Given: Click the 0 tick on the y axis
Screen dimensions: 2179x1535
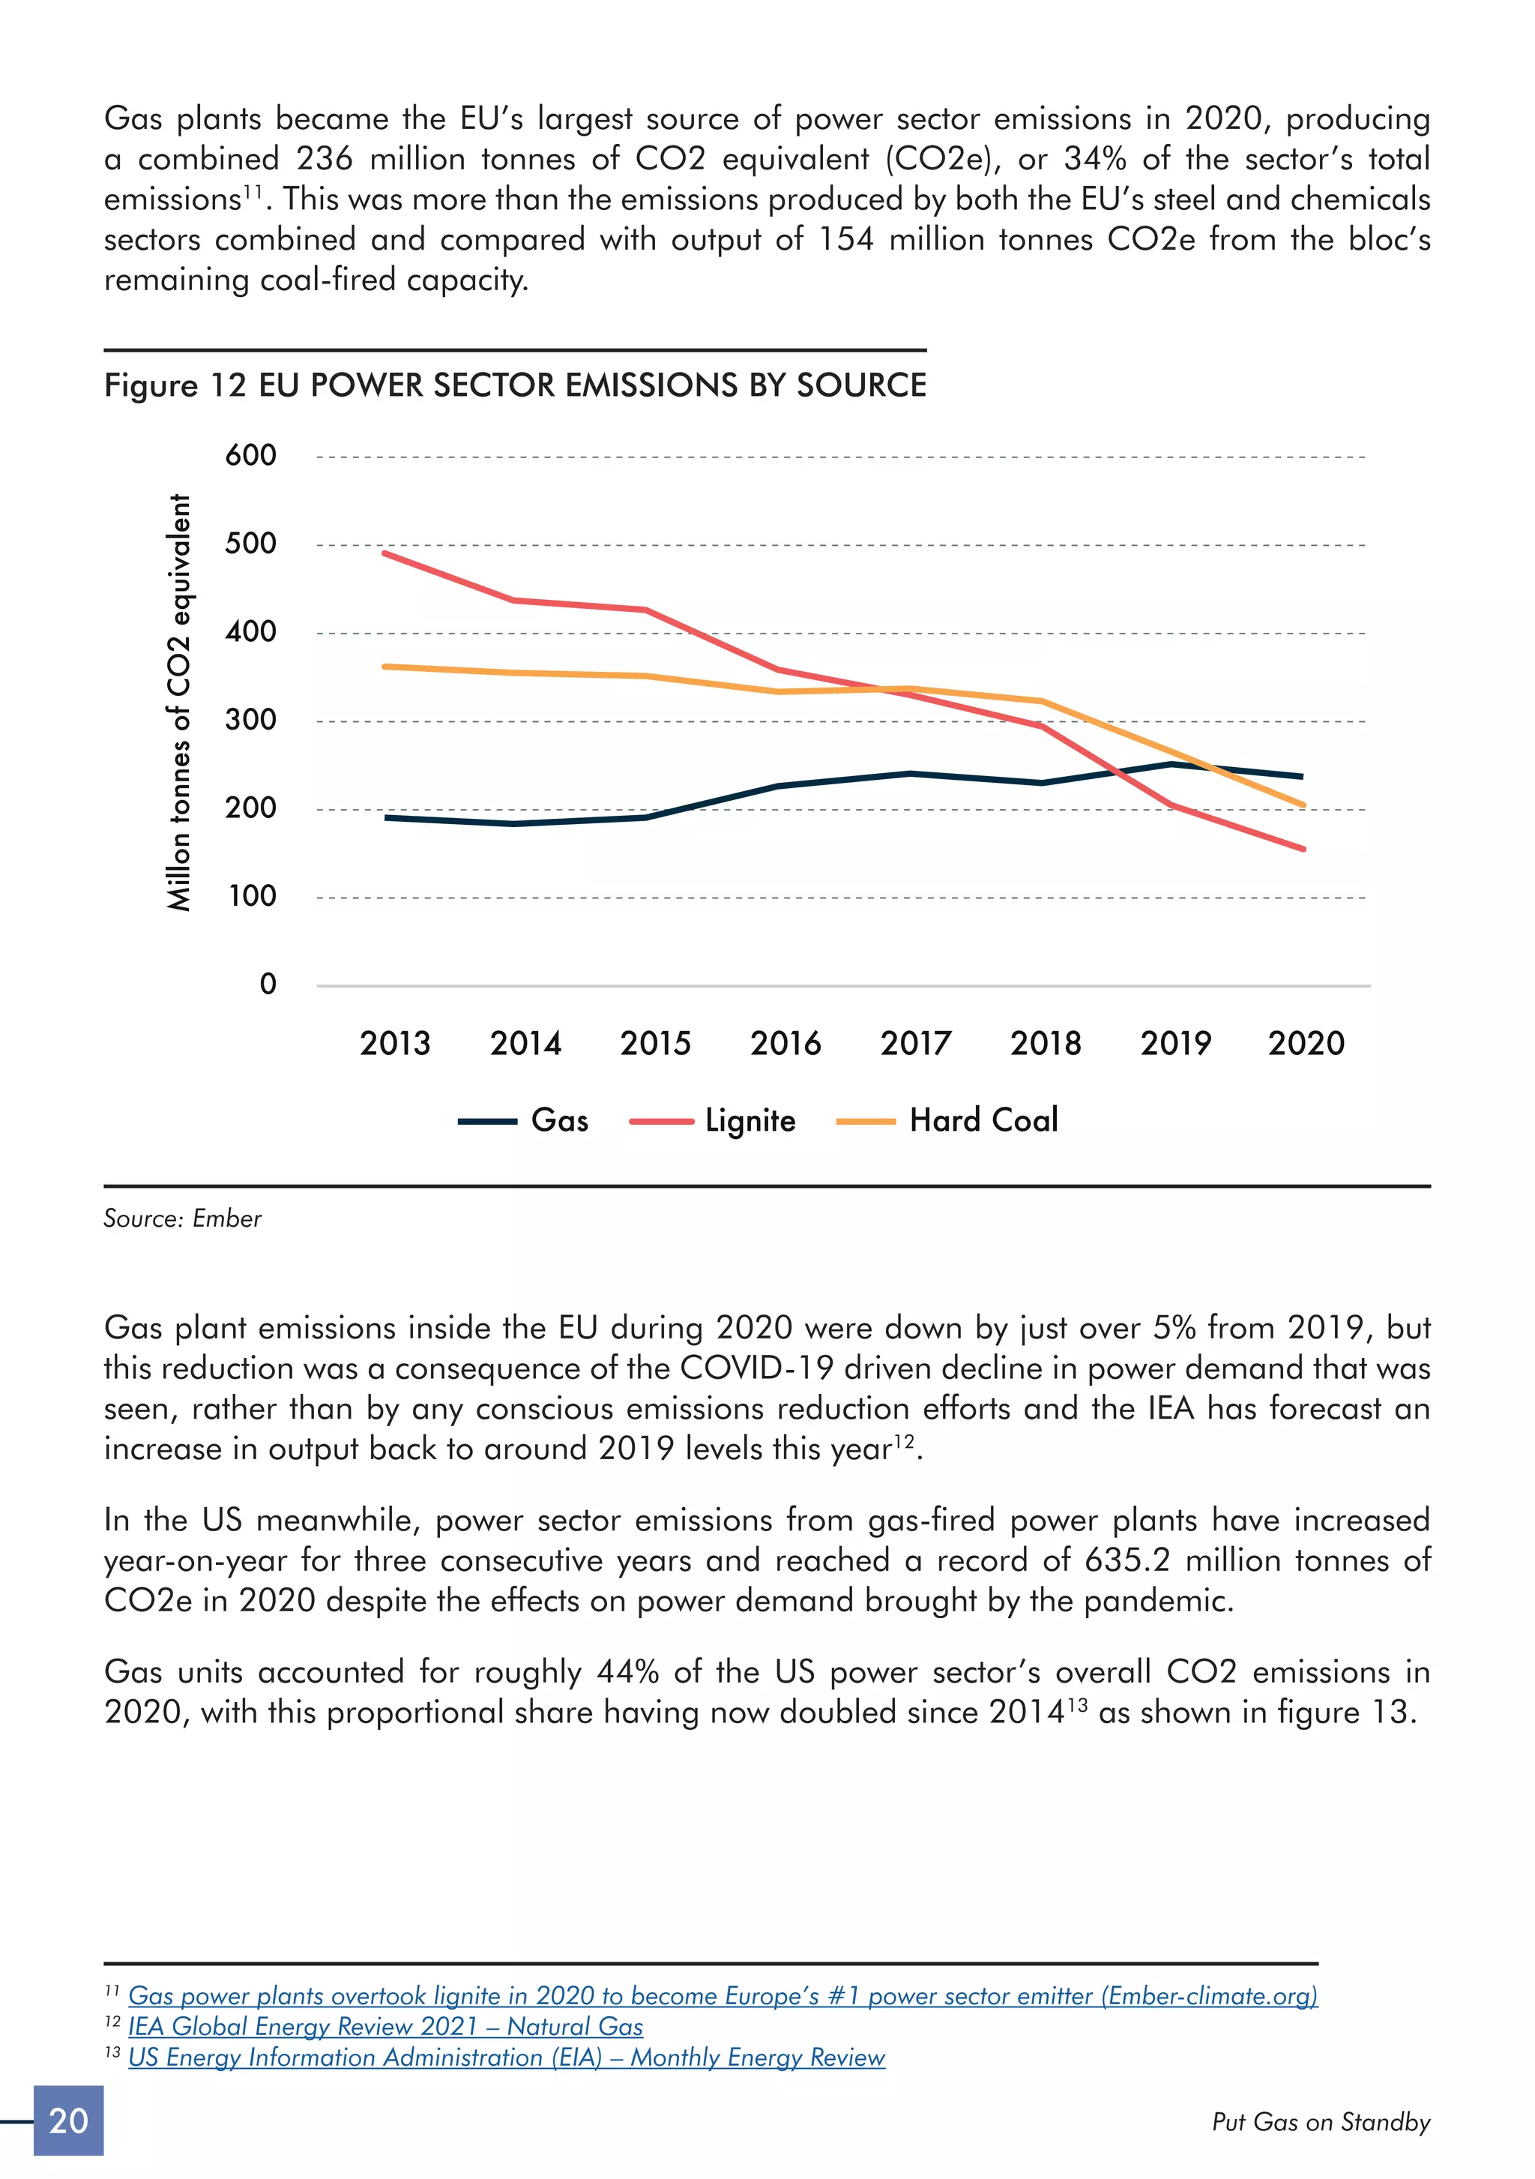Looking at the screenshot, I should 268,985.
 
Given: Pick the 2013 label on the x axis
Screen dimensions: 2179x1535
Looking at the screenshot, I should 395,1043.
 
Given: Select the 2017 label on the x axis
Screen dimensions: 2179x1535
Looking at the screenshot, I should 915,1043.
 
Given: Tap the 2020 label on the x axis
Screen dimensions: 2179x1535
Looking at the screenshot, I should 1306,1043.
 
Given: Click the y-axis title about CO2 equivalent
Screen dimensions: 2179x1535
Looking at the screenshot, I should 178,703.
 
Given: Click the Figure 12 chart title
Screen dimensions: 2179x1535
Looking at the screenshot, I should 515,385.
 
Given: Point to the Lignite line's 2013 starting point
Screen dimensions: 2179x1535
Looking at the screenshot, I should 385,553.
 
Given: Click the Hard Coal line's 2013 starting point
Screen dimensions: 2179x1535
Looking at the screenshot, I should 385,667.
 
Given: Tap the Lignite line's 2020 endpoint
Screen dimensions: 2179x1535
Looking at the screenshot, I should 1303,849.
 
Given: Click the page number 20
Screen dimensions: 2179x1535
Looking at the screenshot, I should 68,2121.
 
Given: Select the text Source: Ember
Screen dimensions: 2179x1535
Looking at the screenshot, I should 182,1218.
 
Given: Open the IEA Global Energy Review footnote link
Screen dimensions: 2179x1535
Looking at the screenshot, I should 385,2026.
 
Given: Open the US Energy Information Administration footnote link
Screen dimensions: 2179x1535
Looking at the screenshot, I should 507,2057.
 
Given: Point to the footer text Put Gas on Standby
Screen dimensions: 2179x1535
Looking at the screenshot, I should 1321,2122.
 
